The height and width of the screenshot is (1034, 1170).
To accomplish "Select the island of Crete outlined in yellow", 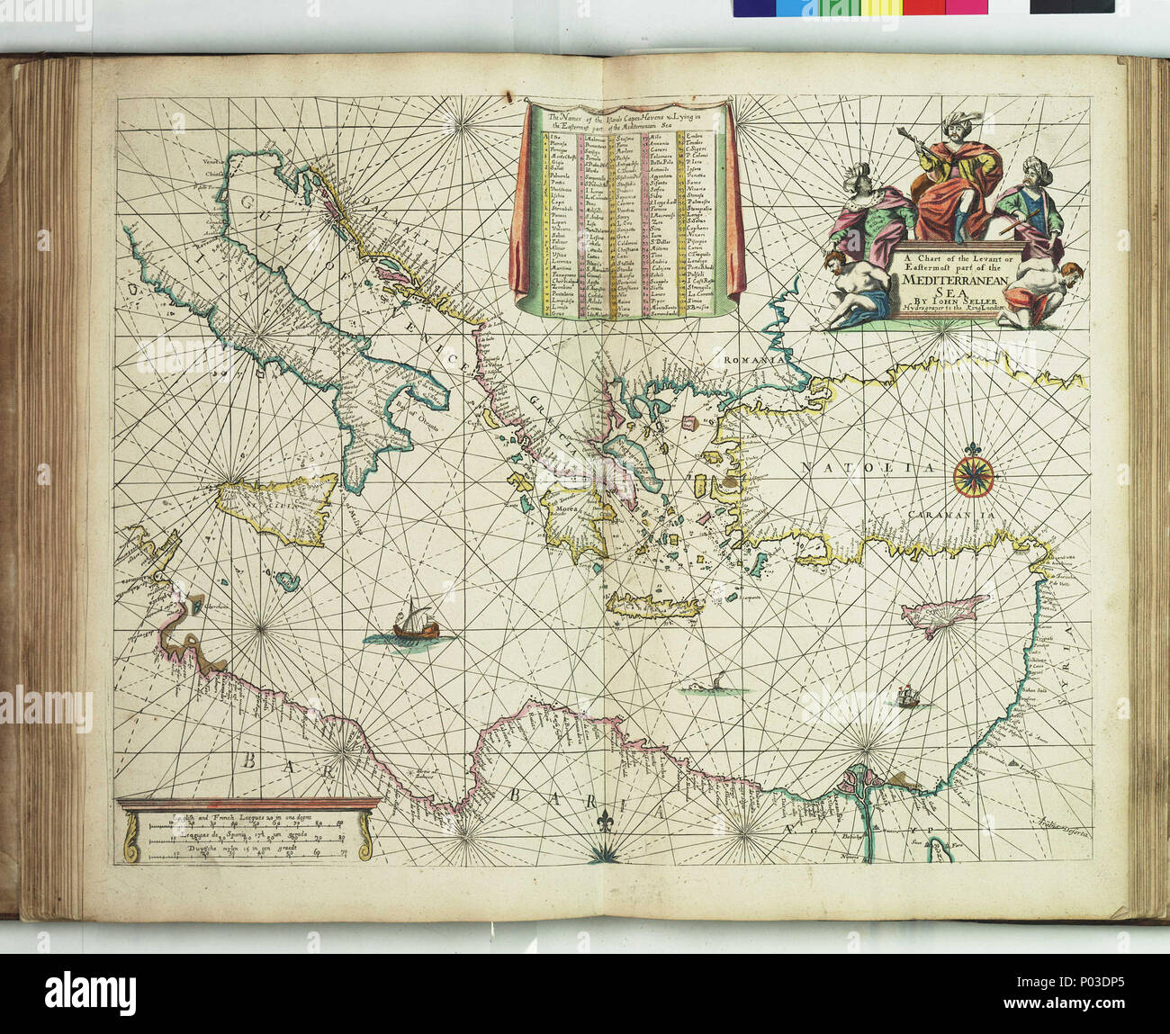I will pyautogui.click(x=653, y=604).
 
